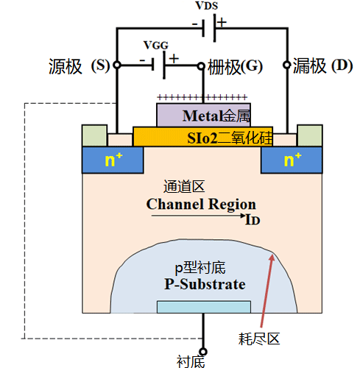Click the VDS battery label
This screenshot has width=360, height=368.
click(x=206, y=6)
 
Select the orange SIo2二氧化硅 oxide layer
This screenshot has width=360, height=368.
click(x=202, y=136)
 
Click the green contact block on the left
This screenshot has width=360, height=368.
click(x=93, y=136)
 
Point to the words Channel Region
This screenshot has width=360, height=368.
click(x=201, y=204)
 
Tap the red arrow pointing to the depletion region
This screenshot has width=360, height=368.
click(x=266, y=291)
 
